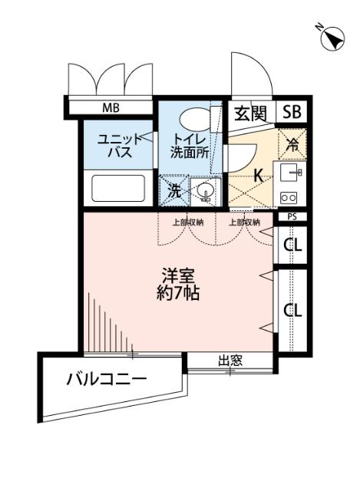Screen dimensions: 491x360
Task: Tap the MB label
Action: tap(112, 107)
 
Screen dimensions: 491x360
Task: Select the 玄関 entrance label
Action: tap(249, 114)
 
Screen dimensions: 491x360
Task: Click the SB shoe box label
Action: tap(291, 114)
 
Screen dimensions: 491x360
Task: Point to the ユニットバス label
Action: tap(118, 145)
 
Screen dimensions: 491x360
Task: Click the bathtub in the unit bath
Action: tap(118, 189)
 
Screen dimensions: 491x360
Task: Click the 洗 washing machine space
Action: tap(174, 191)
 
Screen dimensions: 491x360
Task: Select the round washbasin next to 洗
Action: tap(203, 191)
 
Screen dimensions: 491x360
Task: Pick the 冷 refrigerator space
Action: tap(292, 142)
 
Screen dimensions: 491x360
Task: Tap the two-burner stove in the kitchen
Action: tap(289, 196)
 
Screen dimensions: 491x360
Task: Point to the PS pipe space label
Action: tap(292, 217)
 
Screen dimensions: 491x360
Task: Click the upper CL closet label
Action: tap(292, 245)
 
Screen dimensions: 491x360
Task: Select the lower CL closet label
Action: tap(292, 310)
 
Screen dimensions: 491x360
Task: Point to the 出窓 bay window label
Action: tap(230, 360)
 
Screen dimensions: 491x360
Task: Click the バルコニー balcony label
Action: tap(106, 378)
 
